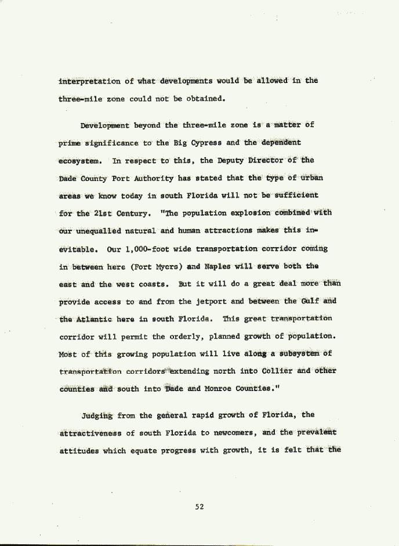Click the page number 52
199,507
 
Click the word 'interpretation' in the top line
90,81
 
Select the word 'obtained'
204,99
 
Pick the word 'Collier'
277,371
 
